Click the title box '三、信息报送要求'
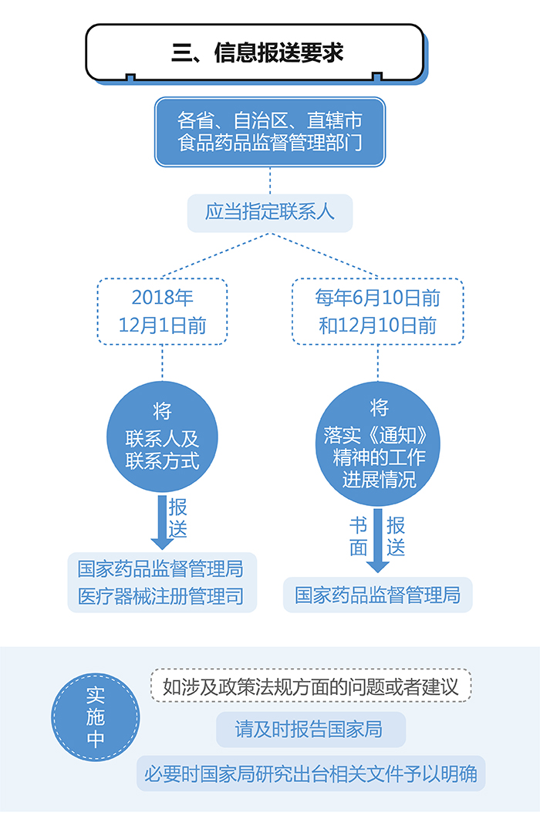click(x=255, y=52)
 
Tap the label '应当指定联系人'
click(x=270, y=212)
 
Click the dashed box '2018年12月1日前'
click(x=162, y=311)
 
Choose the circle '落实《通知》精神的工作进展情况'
click(x=378, y=444)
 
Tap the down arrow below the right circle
click(x=377, y=540)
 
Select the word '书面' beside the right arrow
click(x=359, y=537)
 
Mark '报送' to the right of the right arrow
click(x=396, y=537)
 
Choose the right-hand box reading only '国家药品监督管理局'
click(x=377, y=595)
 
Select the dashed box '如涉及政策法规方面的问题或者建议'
click(x=311, y=686)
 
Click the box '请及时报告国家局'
click(x=310, y=730)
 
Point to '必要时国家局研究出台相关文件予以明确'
click(x=311, y=773)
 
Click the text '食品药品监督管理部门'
click(x=269, y=143)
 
